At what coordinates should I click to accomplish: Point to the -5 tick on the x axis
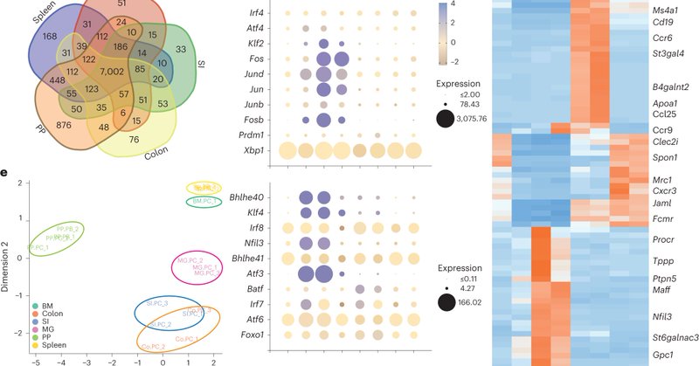coord(36,358)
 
